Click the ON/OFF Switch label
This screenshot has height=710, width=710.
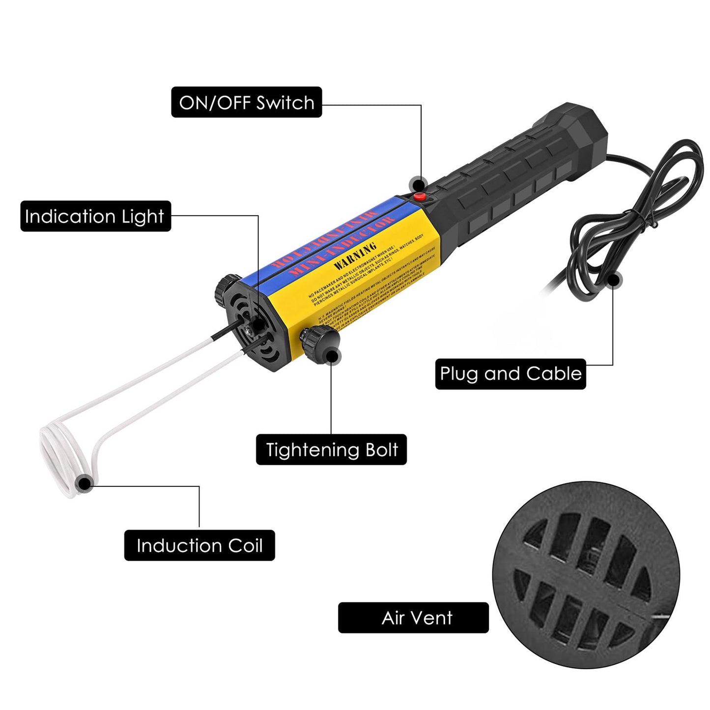(246, 102)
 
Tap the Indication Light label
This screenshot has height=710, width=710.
(95, 216)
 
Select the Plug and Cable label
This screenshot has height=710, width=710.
(511, 374)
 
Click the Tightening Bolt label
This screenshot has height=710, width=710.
(331, 450)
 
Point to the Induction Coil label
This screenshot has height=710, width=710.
(199, 545)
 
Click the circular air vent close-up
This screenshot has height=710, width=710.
(586, 575)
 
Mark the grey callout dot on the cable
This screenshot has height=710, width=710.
(613, 280)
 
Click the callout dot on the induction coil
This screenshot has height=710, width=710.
(85, 483)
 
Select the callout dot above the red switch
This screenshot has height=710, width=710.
(418, 185)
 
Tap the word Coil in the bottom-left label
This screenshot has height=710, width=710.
(245, 545)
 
